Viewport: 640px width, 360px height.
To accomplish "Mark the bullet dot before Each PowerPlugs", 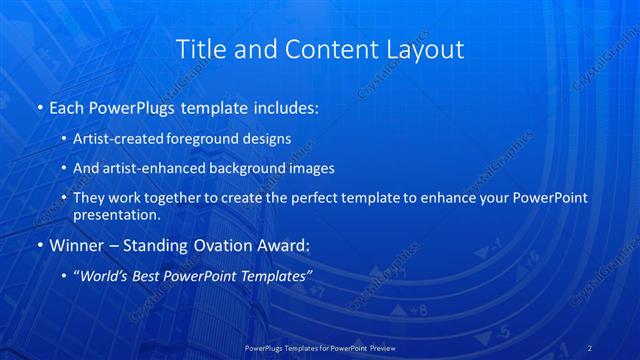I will coord(39,106).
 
